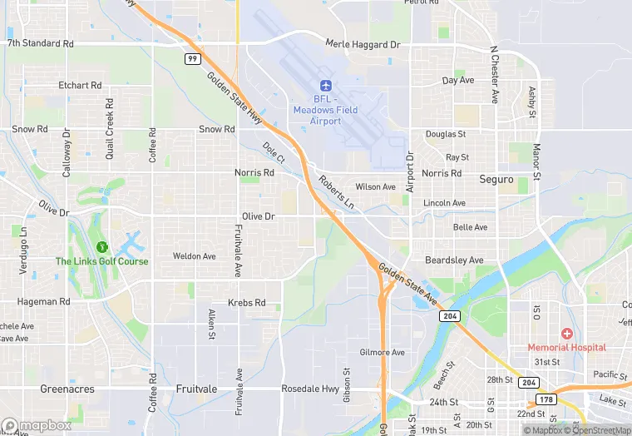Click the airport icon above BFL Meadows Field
click(325, 86)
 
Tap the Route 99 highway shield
click(192, 59)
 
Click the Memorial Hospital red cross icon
click(566, 334)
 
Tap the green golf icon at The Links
click(102, 247)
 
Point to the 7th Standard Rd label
click(40, 42)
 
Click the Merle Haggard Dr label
click(363, 44)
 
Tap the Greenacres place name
click(67, 389)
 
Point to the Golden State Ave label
click(407, 283)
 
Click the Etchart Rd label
click(80, 86)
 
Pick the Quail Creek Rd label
click(110, 120)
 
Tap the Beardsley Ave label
click(454, 260)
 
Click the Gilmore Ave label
click(382, 353)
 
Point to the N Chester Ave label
click(494, 72)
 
